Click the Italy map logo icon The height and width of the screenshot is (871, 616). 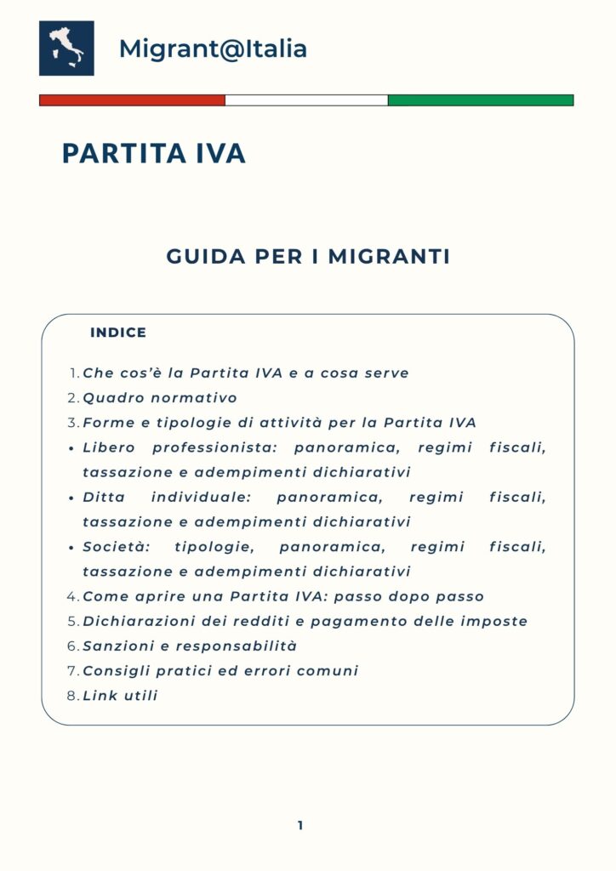(x=66, y=48)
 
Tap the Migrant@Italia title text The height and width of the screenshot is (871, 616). (x=213, y=48)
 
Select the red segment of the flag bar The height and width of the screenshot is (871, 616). (x=132, y=100)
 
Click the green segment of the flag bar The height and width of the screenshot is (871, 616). (x=481, y=100)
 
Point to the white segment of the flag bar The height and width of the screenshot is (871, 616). (x=306, y=100)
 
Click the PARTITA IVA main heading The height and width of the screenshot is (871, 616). (x=154, y=153)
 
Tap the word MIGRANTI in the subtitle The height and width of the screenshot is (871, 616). (x=389, y=256)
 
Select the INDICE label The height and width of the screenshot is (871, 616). (x=118, y=333)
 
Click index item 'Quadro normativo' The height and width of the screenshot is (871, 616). (x=160, y=397)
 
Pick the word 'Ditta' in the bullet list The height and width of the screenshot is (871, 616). (x=101, y=497)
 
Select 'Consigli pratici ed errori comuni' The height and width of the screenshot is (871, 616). (x=220, y=670)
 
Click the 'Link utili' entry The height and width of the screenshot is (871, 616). (x=120, y=696)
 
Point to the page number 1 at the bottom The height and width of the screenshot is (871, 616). (x=300, y=825)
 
